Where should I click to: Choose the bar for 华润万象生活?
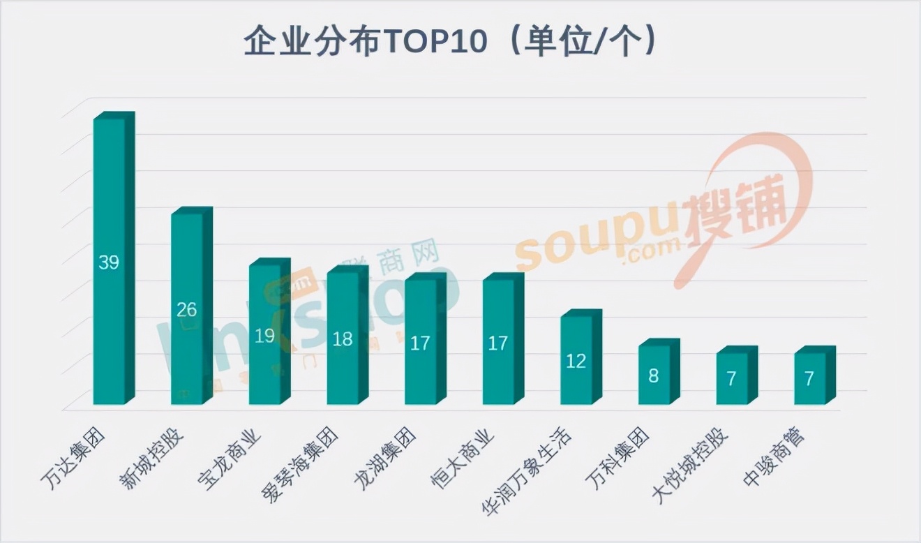pyautogui.click(x=576, y=359)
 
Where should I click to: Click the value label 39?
pyautogui.click(x=109, y=263)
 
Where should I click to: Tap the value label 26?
pyautogui.click(x=187, y=309)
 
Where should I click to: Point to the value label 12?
pyautogui.click(x=576, y=362)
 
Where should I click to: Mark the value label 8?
pyautogui.click(x=654, y=376)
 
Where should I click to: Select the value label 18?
pyautogui.click(x=343, y=340)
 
